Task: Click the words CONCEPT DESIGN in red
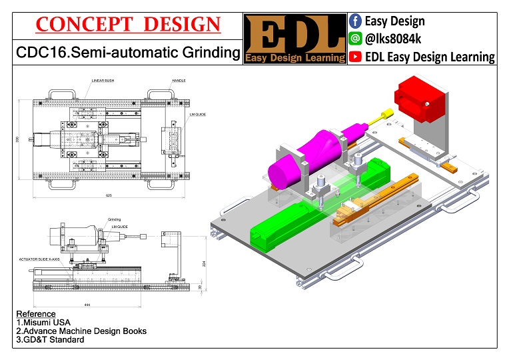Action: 127,25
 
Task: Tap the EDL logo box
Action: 295,38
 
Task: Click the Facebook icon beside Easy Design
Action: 355,21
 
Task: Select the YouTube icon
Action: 355,57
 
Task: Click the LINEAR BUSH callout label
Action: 104,80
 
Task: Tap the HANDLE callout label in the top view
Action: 179,80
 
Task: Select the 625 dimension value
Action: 108,195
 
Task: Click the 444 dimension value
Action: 88,304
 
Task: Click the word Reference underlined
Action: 36,313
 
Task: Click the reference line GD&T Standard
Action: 50,339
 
